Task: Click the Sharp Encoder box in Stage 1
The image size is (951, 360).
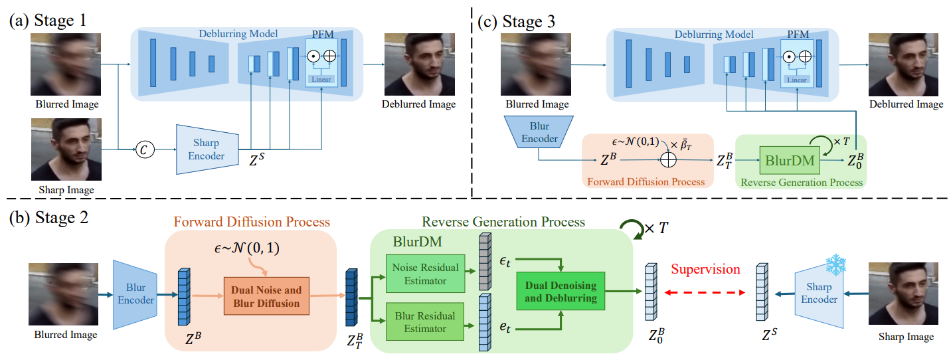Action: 207,149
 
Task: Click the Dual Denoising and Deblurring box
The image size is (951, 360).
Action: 562,293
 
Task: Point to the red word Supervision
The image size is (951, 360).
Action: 705,269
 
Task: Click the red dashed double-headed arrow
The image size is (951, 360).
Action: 705,292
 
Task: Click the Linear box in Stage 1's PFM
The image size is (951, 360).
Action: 321,80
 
